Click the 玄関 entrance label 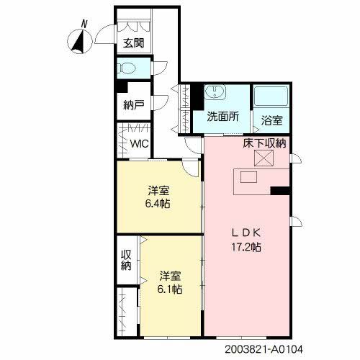[132, 42]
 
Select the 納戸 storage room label [133, 105]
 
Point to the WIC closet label [139, 143]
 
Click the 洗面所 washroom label [224, 117]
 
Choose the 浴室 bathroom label [271, 117]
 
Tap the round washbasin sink [215, 94]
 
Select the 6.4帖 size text [159, 204]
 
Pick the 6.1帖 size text [170, 289]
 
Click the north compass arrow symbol [78, 42]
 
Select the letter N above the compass [84, 24]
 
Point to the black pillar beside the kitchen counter [280, 191]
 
